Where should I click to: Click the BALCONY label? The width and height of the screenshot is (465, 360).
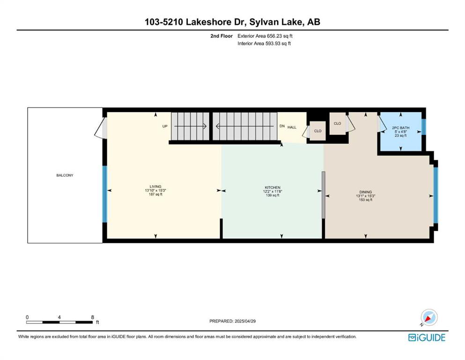(x=65, y=175)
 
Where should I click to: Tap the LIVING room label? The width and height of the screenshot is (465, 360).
(x=155, y=187)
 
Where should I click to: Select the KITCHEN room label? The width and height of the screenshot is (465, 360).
(x=273, y=187)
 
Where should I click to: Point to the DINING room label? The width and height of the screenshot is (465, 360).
(x=365, y=192)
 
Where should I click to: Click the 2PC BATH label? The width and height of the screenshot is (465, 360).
(x=401, y=127)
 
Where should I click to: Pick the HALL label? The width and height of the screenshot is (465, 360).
(x=292, y=127)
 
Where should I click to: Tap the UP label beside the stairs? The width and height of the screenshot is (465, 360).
(x=165, y=126)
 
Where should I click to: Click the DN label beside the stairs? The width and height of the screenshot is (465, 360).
(x=282, y=126)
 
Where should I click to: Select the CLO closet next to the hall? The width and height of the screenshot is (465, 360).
(x=317, y=131)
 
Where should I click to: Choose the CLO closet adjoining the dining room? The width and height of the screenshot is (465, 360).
(x=338, y=123)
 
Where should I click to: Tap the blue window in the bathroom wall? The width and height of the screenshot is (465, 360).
(x=424, y=127)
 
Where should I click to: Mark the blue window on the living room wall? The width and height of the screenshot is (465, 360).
(x=105, y=194)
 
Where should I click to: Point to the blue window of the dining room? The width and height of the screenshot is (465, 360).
(x=435, y=195)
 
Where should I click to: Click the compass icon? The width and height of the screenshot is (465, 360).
(x=429, y=317)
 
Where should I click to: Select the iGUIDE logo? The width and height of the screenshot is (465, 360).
(x=427, y=337)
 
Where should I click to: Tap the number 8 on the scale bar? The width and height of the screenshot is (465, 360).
(x=93, y=317)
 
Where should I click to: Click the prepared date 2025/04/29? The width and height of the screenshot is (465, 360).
(x=245, y=321)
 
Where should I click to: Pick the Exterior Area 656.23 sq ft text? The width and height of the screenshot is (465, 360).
(x=265, y=36)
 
